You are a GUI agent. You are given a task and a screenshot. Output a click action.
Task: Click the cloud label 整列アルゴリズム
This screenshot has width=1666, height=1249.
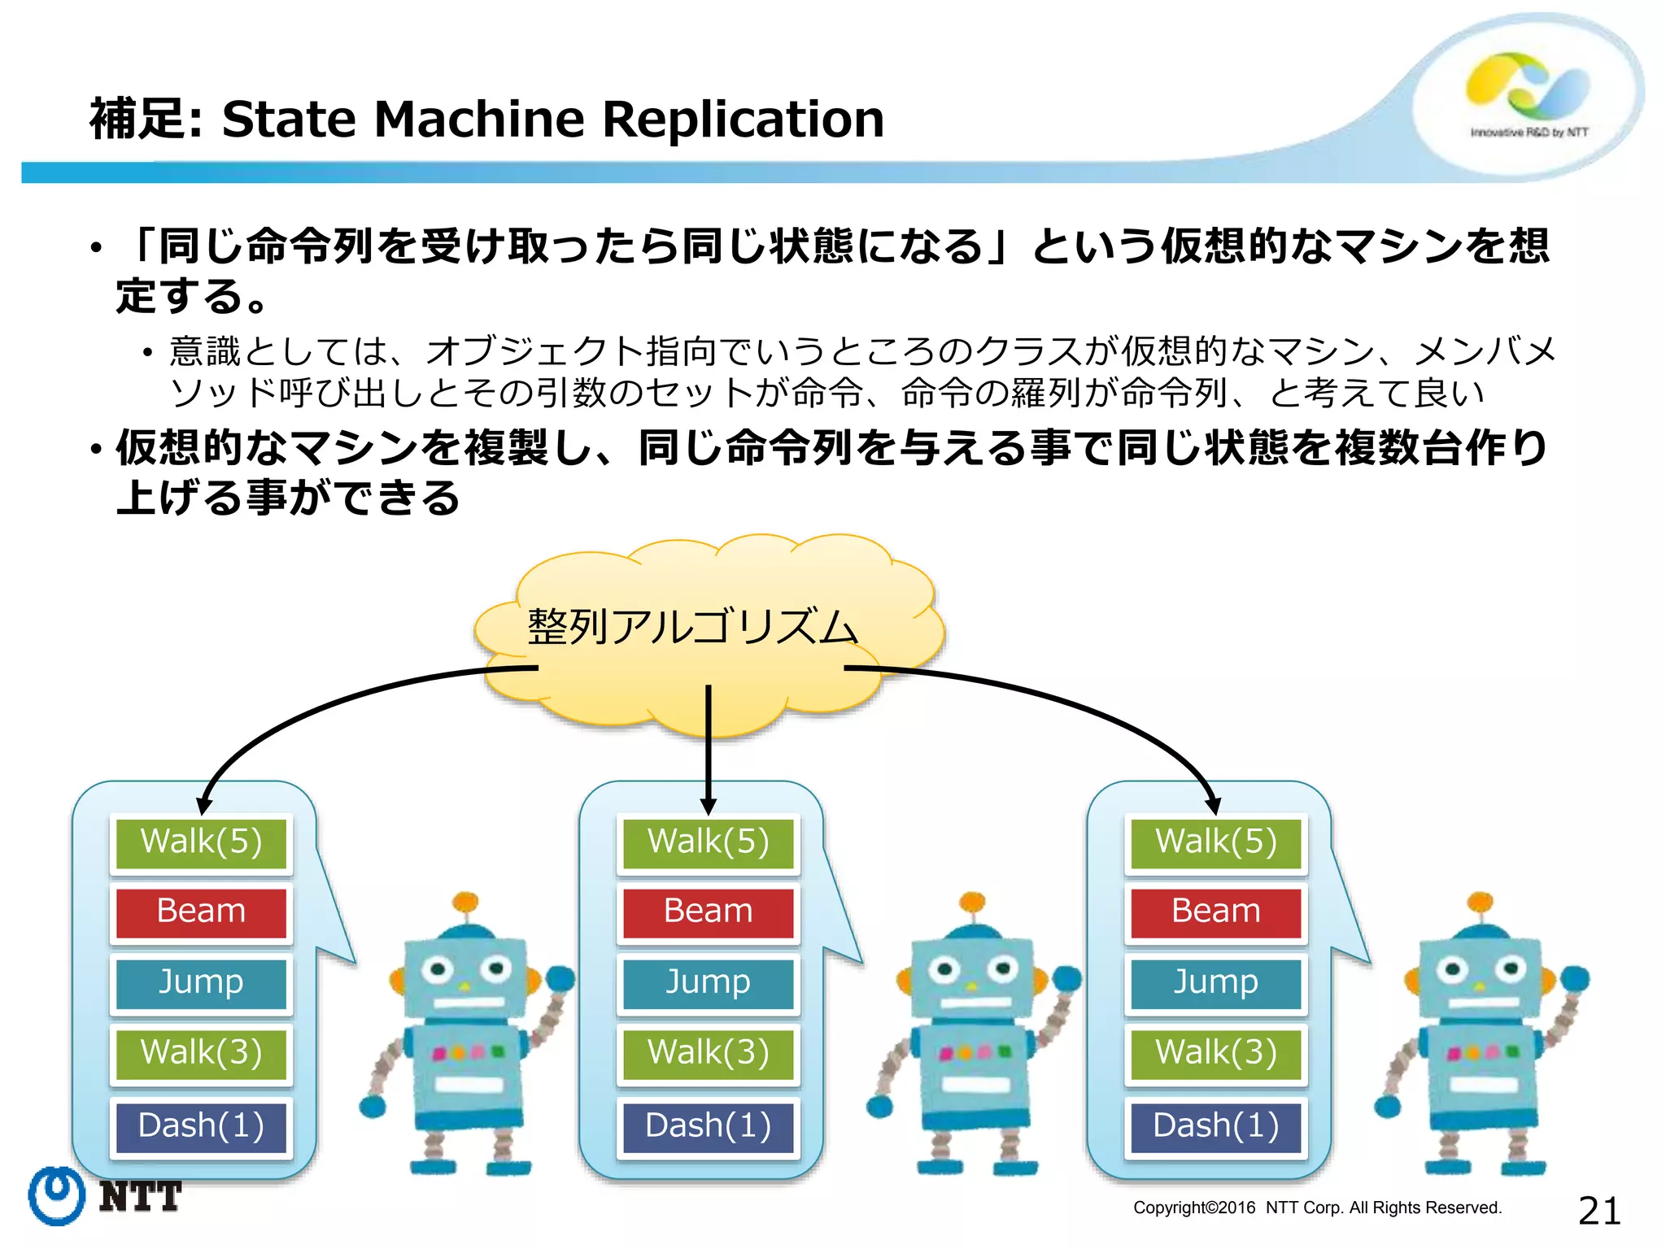point(692,628)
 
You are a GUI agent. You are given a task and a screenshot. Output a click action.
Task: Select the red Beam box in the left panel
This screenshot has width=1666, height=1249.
point(201,912)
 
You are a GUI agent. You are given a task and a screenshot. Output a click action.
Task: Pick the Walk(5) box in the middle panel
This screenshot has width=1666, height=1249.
point(708,842)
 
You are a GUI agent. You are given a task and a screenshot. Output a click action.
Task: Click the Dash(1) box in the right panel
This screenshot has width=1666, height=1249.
point(1215,1126)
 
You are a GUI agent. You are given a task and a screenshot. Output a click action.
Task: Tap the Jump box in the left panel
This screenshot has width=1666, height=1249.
point(201,982)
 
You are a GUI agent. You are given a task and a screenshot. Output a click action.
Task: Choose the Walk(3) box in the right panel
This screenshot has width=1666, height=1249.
point(1215,1053)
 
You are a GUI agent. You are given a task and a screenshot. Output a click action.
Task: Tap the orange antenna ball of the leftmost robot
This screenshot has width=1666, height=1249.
point(464,902)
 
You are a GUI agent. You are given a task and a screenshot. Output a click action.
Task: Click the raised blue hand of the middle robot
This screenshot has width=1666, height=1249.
point(1067,977)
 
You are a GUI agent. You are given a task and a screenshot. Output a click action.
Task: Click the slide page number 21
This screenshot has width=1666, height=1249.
point(1598,1211)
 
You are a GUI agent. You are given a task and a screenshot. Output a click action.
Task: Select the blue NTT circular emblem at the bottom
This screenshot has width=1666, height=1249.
point(56,1195)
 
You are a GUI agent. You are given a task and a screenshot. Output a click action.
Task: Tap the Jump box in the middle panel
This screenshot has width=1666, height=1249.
point(708,982)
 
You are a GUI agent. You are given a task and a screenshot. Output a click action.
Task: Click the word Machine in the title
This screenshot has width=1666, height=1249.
point(478,119)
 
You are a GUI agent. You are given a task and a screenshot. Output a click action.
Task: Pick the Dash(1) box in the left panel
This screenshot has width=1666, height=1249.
point(201,1126)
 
